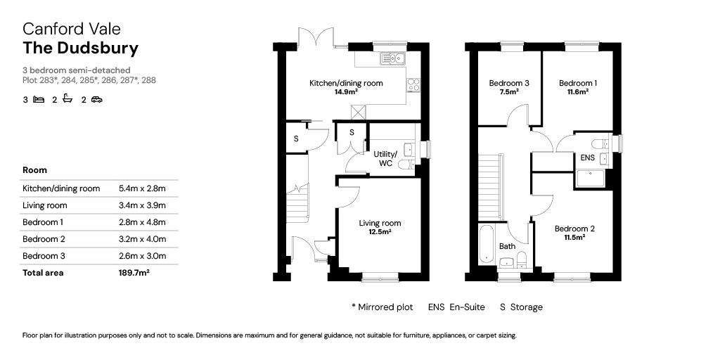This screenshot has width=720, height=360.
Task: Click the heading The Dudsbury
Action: pyautogui.click(x=80, y=49)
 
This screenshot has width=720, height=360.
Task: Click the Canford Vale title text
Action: pyautogui.click(x=72, y=29)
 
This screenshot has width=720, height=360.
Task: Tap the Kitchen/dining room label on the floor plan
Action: pyautogui.click(x=346, y=83)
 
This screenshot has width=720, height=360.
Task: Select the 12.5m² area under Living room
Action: pyautogui.click(x=380, y=232)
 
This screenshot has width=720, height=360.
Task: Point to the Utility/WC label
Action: pyautogui.click(x=385, y=158)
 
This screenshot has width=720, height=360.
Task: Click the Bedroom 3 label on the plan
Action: pyautogui.click(x=509, y=83)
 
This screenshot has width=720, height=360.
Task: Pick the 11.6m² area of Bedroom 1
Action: pyautogui.click(x=578, y=92)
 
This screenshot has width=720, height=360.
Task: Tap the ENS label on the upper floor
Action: pyautogui.click(x=588, y=158)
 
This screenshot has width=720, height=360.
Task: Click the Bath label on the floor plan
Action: pyautogui.click(x=507, y=246)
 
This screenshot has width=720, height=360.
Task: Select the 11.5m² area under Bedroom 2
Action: pyautogui.click(x=574, y=238)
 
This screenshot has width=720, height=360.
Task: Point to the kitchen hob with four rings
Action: pyautogui.click(x=413, y=85)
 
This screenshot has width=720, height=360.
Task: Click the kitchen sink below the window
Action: pyautogui.click(x=390, y=58)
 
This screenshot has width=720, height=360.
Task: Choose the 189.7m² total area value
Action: pyautogui.click(x=134, y=273)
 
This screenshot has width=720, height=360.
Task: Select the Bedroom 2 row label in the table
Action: pyautogui.click(x=44, y=239)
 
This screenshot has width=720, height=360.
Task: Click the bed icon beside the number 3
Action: pyautogui.click(x=39, y=100)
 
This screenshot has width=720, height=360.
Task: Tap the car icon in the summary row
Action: pyautogui.click(x=96, y=100)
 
